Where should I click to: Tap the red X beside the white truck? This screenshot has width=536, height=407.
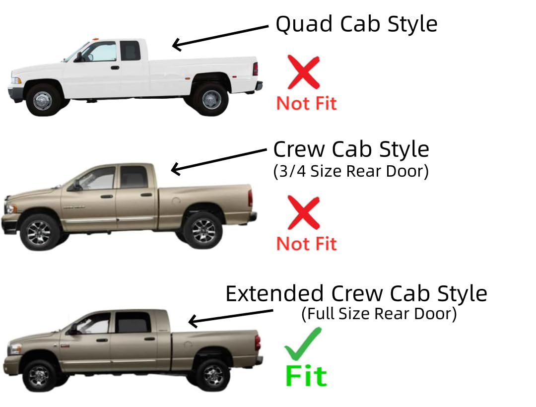[x=303, y=72]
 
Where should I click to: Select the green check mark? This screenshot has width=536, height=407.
[x=303, y=344]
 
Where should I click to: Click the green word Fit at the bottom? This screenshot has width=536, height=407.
[x=306, y=376]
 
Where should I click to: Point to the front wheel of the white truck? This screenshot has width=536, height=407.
[x=43, y=99]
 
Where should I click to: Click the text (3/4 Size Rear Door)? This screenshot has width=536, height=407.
[x=351, y=171]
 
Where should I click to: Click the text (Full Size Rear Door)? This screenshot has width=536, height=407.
[x=379, y=314]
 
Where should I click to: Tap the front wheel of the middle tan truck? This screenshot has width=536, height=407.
[x=39, y=232]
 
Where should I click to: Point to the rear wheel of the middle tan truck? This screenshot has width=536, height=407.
[x=202, y=230]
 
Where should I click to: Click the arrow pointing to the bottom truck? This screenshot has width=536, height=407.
[x=231, y=316]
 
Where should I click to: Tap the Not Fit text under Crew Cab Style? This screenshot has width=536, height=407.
[x=306, y=244]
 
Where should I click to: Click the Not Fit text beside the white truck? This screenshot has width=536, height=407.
[x=306, y=103]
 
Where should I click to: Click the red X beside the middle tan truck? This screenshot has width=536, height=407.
[x=303, y=213]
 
